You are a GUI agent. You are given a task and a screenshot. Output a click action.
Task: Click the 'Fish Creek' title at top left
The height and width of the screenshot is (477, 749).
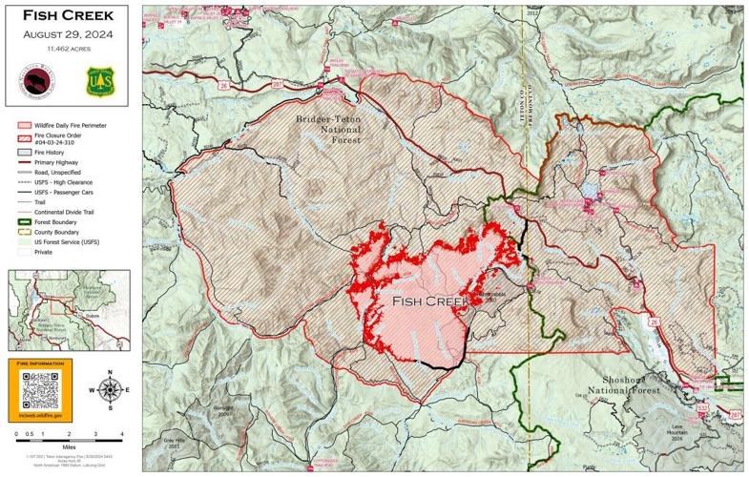pos(67,15)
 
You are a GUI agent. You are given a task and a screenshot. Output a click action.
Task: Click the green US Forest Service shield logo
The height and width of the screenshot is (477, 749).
pos(98,81)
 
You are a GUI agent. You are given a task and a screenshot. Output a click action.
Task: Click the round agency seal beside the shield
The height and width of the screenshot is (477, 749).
pos(35,81)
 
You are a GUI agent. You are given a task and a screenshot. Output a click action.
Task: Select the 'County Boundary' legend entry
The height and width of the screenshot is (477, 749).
pos(61,232)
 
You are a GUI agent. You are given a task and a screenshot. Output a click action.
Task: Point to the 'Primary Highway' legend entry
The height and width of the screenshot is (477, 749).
pos(60,163)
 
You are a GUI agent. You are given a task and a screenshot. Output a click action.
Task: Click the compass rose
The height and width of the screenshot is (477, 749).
pos(110,389)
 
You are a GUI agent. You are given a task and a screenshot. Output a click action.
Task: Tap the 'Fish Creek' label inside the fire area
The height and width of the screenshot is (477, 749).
pos(430,301)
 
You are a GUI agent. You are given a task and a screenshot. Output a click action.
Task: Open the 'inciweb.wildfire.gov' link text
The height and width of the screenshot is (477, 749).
pos(40,416)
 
